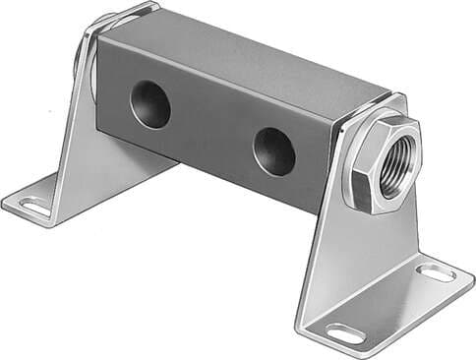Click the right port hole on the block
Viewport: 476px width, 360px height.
click(273, 150)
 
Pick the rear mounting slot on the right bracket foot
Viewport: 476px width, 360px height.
click(435, 272)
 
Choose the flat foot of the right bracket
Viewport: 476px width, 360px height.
click(393, 305)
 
